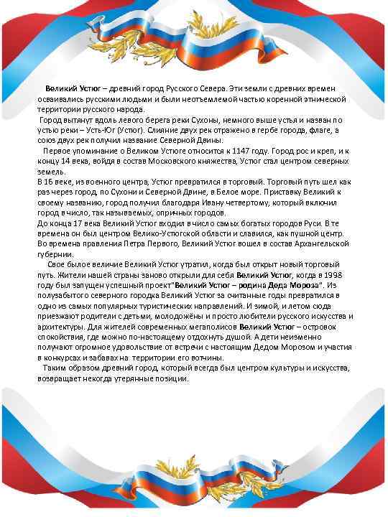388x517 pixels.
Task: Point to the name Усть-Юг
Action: (107, 131)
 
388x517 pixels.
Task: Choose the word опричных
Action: (174, 213)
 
